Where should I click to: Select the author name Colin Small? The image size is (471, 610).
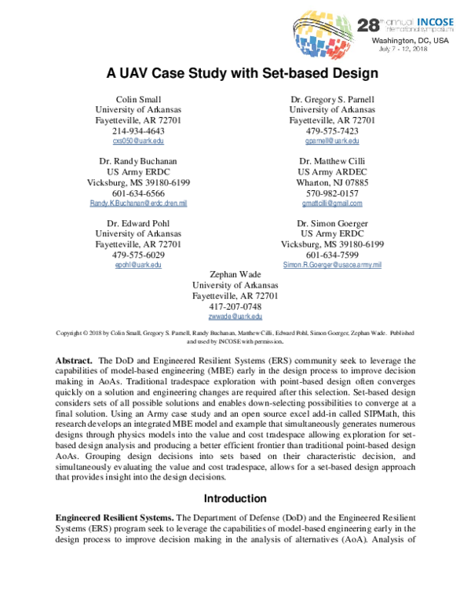[x=138, y=99]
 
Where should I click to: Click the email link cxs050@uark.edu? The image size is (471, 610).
[x=138, y=141]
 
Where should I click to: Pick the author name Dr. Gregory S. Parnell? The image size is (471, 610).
[x=332, y=99]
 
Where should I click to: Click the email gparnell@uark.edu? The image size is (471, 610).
[x=332, y=141]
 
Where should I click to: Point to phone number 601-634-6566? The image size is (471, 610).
[x=138, y=193]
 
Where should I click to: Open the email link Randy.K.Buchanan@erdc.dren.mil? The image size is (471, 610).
[x=138, y=204]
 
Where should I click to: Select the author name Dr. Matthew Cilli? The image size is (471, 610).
[x=332, y=161]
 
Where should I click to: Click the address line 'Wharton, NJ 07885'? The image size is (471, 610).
[x=332, y=182]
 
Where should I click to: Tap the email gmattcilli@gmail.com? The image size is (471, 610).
[x=332, y=204]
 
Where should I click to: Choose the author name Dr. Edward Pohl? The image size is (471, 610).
[x=138, y=223]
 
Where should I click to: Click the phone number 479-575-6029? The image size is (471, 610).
[x=138, y=255]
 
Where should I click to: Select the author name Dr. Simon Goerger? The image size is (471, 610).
[x=332, y=223]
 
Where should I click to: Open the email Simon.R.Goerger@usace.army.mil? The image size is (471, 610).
[x=332, y=266]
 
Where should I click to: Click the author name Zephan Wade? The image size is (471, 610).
[x=235, y=274]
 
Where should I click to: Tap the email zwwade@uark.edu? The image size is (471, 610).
[x=235, y=317]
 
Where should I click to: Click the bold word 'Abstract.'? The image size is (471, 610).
[x=75, y=359]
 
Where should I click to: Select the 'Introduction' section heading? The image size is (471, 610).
[x=236, y=498]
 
